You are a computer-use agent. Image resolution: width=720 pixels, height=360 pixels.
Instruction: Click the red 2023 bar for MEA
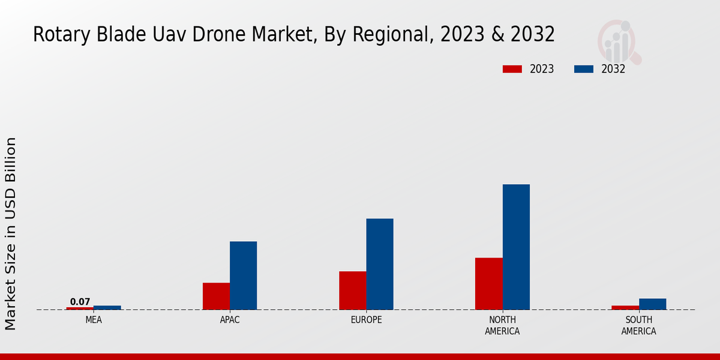(80, 308)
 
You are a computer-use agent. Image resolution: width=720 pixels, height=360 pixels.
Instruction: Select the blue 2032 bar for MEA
(107, 308)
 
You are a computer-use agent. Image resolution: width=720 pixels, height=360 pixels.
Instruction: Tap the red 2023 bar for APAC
(216, 296)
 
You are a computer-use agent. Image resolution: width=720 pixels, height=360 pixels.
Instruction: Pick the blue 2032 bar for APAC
(243, 275)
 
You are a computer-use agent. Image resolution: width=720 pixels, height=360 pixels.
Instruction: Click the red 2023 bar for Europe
(352, 290)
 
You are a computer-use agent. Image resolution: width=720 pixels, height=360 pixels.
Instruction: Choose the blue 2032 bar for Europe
(380, 264)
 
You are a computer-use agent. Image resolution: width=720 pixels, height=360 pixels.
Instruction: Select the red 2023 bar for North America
(488, 284)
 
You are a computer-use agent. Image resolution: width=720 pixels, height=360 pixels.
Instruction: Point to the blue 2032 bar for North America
(516, 247)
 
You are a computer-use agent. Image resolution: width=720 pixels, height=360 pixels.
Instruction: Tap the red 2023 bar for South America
(625, 308)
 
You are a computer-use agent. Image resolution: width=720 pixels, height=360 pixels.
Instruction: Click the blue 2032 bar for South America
(652, 304)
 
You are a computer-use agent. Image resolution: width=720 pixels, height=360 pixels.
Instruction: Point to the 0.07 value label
(80, 302)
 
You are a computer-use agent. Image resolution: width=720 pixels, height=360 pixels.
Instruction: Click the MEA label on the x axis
(94, 320)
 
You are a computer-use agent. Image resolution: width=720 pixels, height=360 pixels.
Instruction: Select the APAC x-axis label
(230, 320)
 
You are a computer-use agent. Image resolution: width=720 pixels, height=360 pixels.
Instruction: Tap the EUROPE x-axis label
(366, 320)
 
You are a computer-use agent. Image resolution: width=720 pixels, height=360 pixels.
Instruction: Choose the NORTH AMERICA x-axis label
(502, 325)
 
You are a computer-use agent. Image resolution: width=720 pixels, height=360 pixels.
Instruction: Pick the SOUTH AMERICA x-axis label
(638, 325)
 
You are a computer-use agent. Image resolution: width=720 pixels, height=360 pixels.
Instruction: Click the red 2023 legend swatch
(512, 69)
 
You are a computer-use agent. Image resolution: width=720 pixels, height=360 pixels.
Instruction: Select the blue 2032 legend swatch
(584, 69)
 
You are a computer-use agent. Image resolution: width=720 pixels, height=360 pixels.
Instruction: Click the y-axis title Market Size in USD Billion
(11, 233)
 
